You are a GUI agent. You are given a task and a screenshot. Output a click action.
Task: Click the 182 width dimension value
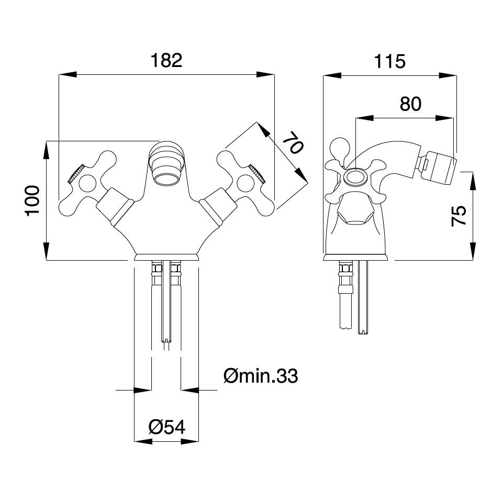(166, 60)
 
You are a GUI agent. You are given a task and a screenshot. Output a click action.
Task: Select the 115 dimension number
(389, 61)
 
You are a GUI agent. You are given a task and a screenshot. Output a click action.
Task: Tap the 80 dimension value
(410, 104)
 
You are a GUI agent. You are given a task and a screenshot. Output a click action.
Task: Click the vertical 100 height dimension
(33, 199)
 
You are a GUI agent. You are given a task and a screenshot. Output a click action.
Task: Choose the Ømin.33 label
(260, 375)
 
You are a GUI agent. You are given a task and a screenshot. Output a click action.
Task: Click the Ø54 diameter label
(167, 427)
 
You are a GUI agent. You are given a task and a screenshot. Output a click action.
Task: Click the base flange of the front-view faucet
(166, 256)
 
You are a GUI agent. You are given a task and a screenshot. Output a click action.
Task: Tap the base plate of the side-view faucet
(356, 257)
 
